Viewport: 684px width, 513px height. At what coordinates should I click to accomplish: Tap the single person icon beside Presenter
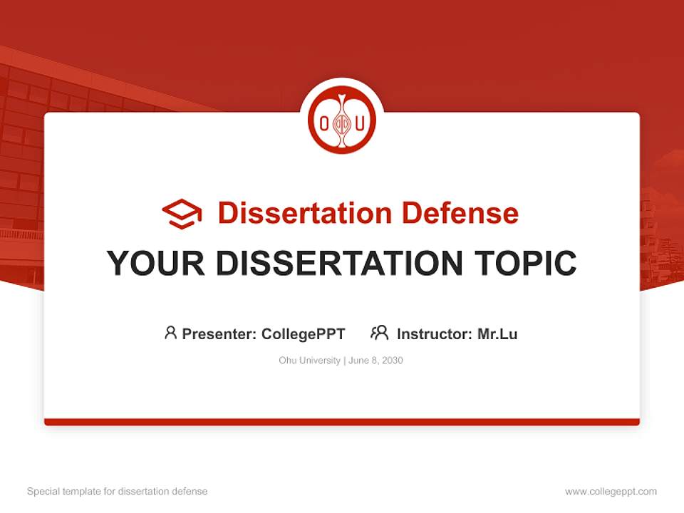170,333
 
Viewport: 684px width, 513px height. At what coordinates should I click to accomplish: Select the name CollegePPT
304,333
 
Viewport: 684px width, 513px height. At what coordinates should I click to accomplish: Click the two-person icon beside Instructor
380,333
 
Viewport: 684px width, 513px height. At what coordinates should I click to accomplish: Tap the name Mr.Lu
497,333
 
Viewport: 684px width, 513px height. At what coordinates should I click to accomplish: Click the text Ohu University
309,361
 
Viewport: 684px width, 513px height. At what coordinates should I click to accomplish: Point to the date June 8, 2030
376,361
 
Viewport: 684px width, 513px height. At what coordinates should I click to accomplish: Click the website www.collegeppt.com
611,492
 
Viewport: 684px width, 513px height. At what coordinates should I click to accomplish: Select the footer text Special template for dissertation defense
118,492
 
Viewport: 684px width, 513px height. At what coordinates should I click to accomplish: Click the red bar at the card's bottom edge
342,422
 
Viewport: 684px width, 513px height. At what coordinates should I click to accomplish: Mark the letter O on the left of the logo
324,123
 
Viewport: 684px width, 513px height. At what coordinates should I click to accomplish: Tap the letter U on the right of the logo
360,123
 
